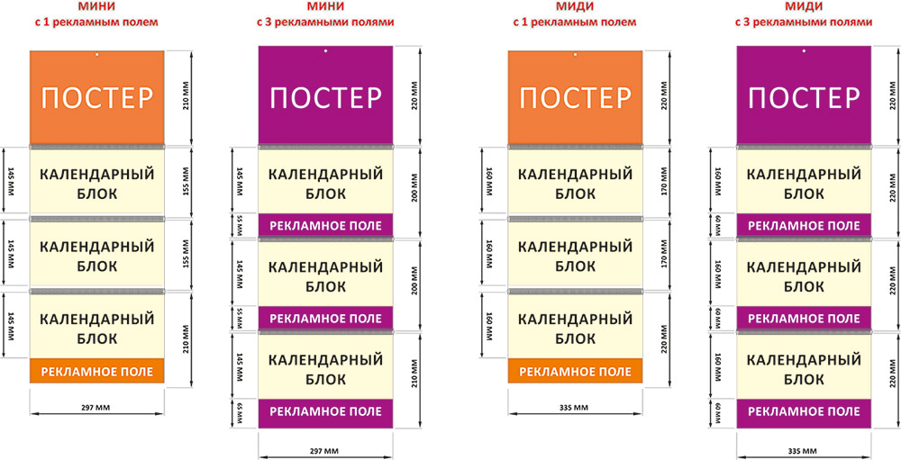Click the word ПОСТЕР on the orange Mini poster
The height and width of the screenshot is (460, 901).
(97, 97)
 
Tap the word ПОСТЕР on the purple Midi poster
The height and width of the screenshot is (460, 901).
(804, 97)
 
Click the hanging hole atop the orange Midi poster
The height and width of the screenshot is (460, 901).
(575, 56)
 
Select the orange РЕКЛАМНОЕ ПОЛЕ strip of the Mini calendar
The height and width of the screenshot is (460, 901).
(97, 371)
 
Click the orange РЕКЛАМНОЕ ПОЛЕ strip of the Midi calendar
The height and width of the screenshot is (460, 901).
(575, 371)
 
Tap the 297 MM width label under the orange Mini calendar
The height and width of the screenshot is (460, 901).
(97, 408)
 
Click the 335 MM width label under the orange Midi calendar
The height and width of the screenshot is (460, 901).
(575, 408)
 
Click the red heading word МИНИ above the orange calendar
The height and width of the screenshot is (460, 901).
(97, 6)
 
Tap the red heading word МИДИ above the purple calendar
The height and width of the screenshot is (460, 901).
(804, 6)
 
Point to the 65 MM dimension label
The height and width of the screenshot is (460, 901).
(241, 412)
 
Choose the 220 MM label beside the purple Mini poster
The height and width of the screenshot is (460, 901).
(416, 97)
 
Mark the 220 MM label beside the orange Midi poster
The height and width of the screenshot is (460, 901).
(665, 97)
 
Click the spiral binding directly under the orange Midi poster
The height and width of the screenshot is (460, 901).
(575, 147)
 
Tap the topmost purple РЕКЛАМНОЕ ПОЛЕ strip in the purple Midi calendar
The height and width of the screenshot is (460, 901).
(804, 224)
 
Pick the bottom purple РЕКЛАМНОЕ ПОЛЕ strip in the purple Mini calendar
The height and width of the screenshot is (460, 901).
(325, 412)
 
